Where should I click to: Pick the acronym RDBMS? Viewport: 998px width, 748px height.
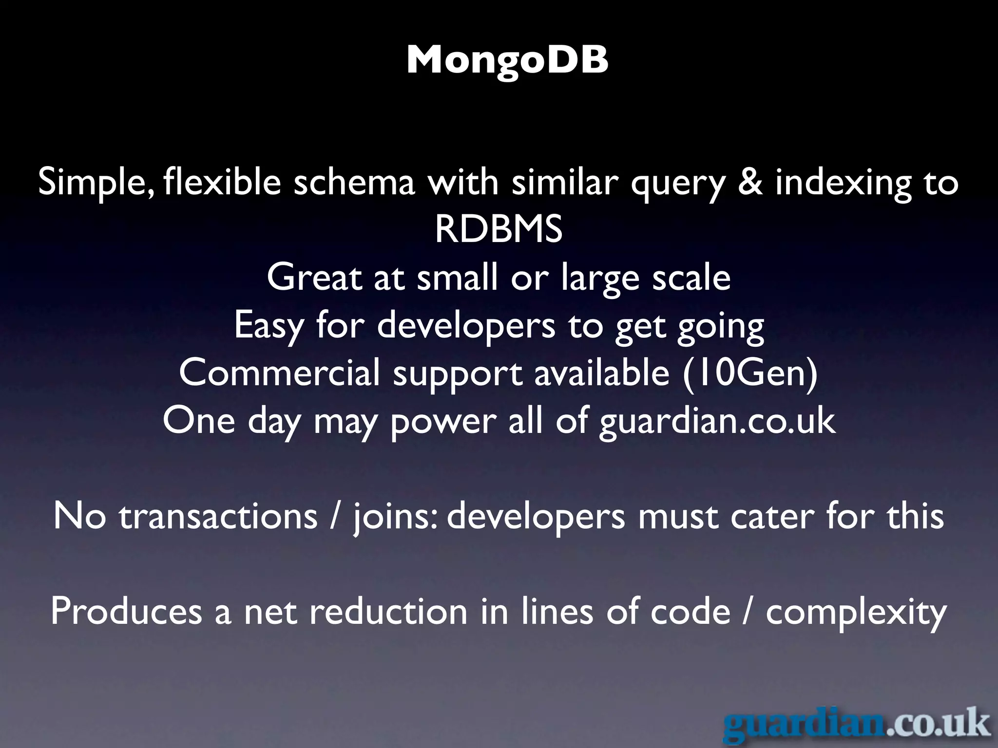tap(499, 229)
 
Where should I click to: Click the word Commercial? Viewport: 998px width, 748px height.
tap(279, 373)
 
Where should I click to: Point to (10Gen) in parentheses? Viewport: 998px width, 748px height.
tap(750, 373)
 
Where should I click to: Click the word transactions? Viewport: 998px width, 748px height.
tap(218, 517)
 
